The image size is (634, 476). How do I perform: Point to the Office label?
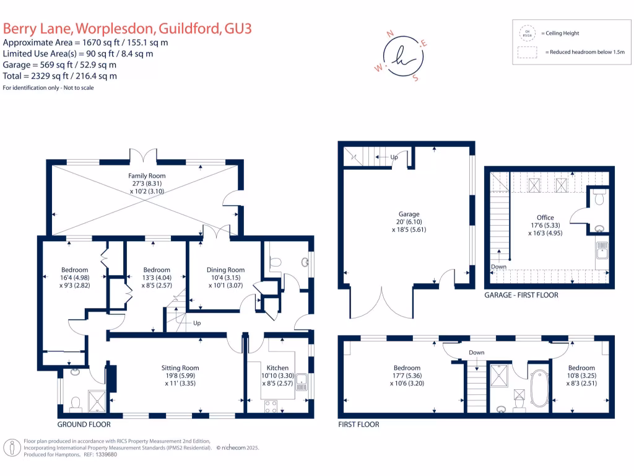tap(545, 218)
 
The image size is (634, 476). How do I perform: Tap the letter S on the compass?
tap(415, 77)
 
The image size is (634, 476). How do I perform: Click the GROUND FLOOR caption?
tap(84, 425)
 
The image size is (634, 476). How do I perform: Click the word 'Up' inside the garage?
tap(394, 157)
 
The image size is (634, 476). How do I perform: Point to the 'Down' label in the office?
tap(498, 267)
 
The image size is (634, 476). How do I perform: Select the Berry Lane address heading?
tap(127, 29)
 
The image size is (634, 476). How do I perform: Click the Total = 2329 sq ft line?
tap(60, 76)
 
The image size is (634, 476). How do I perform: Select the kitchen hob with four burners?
tap(271, 407)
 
